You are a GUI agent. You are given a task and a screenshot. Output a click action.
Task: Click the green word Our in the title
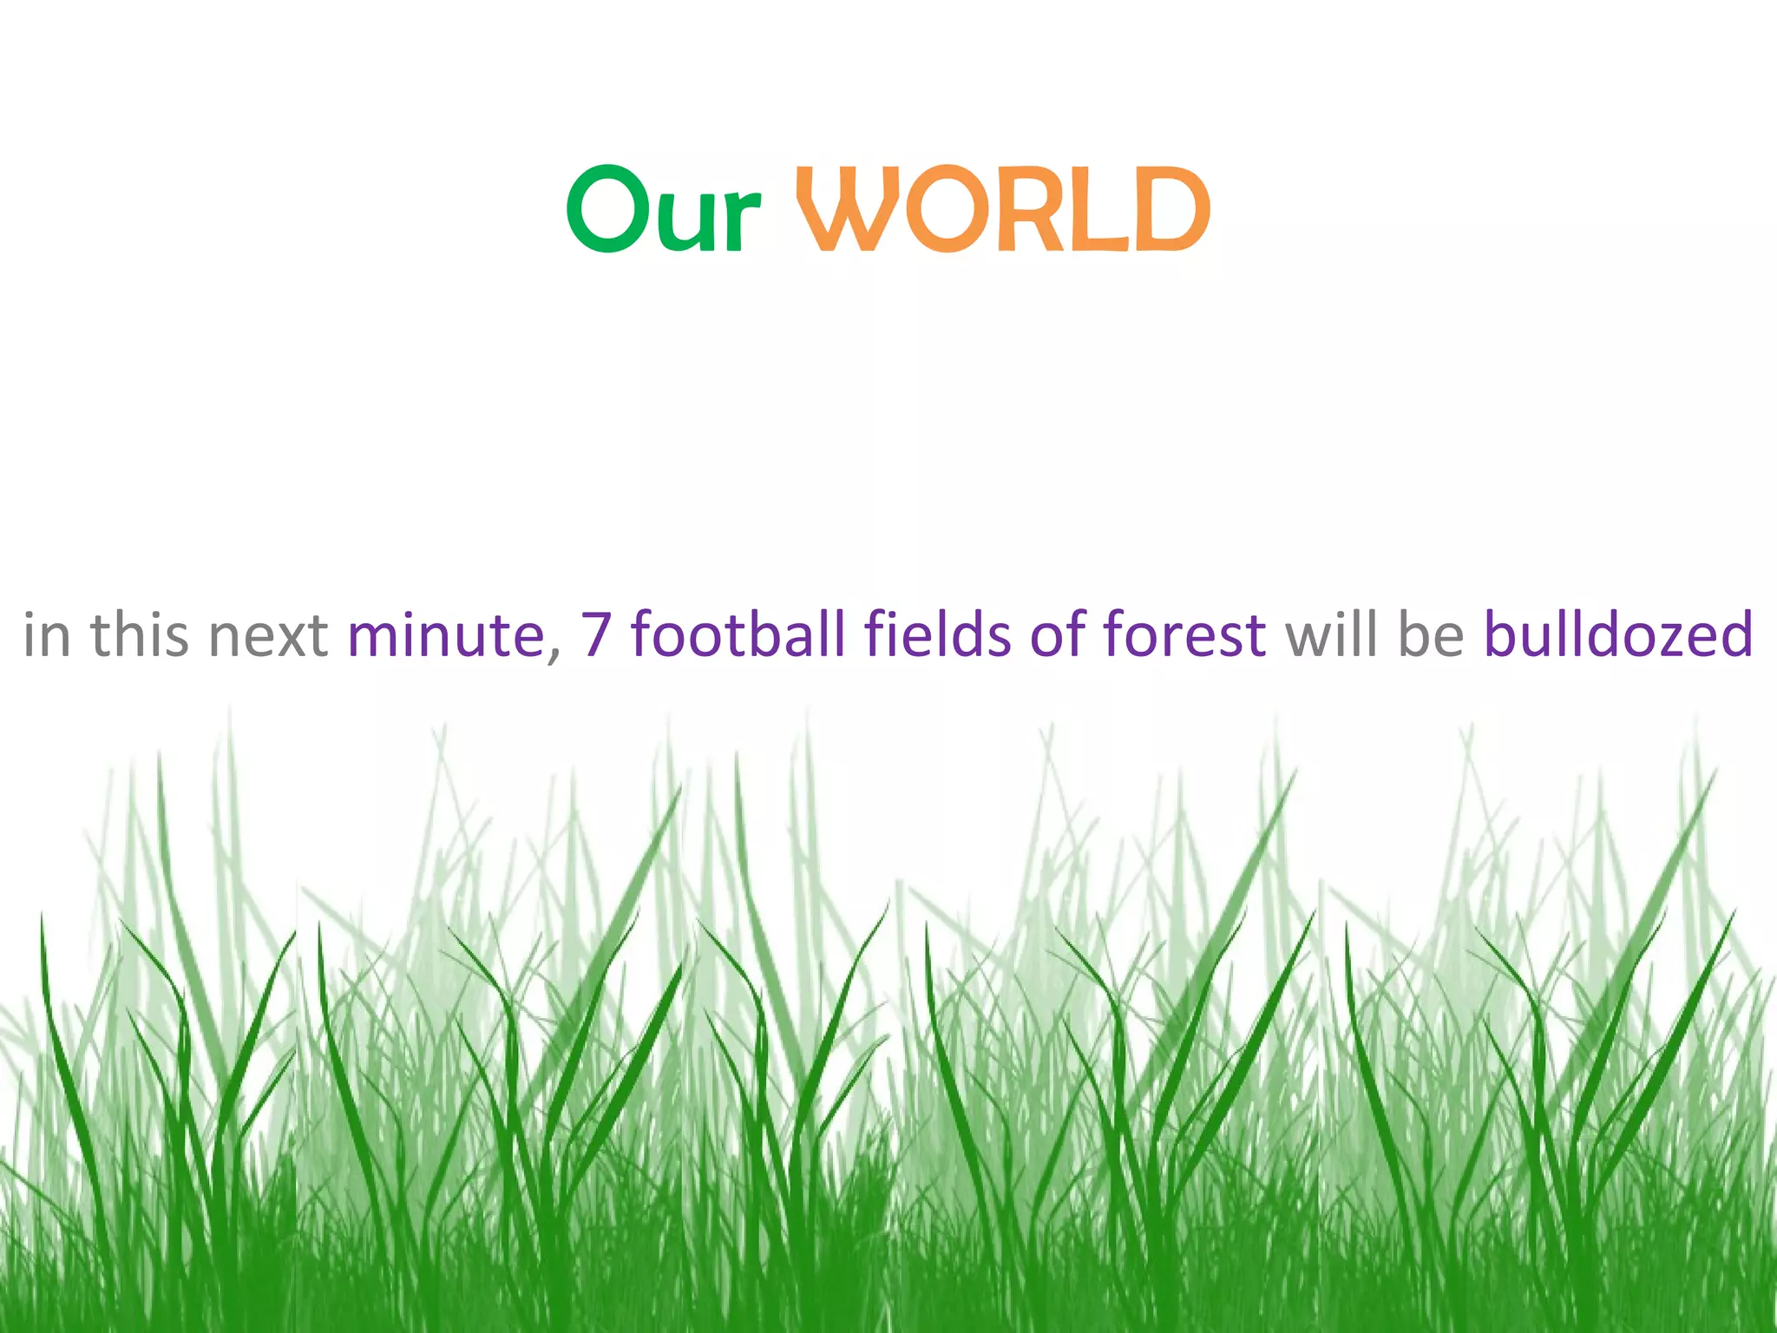664,210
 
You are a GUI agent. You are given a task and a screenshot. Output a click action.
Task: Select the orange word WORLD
1003,209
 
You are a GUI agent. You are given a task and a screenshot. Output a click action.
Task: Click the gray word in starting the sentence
46,635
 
